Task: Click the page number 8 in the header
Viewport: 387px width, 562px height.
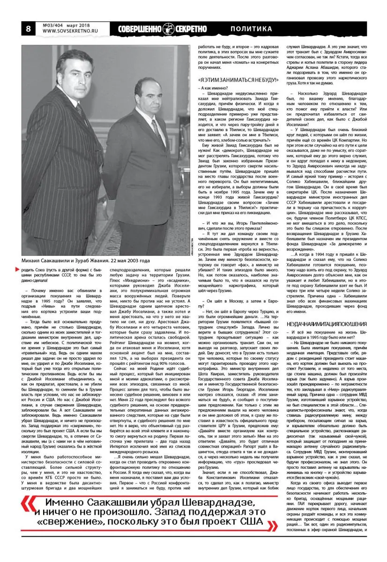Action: [28, 29]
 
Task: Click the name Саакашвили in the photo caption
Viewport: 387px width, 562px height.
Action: [61, 260]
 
